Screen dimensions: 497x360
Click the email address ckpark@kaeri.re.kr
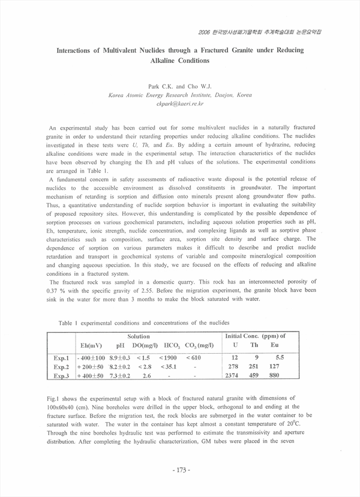(x=179, y=104)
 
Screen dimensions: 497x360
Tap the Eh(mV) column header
(x=91, y=345)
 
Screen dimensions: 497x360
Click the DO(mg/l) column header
(x=145, y=345)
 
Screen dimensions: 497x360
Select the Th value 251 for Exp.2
(x=254, y=366)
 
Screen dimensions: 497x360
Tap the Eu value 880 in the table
(x=275, y=376)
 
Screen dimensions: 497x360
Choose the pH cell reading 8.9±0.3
(x=120, y=357)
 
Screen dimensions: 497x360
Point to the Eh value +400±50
(x=91, y=376)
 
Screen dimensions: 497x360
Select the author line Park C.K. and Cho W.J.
(x=179, y=87)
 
